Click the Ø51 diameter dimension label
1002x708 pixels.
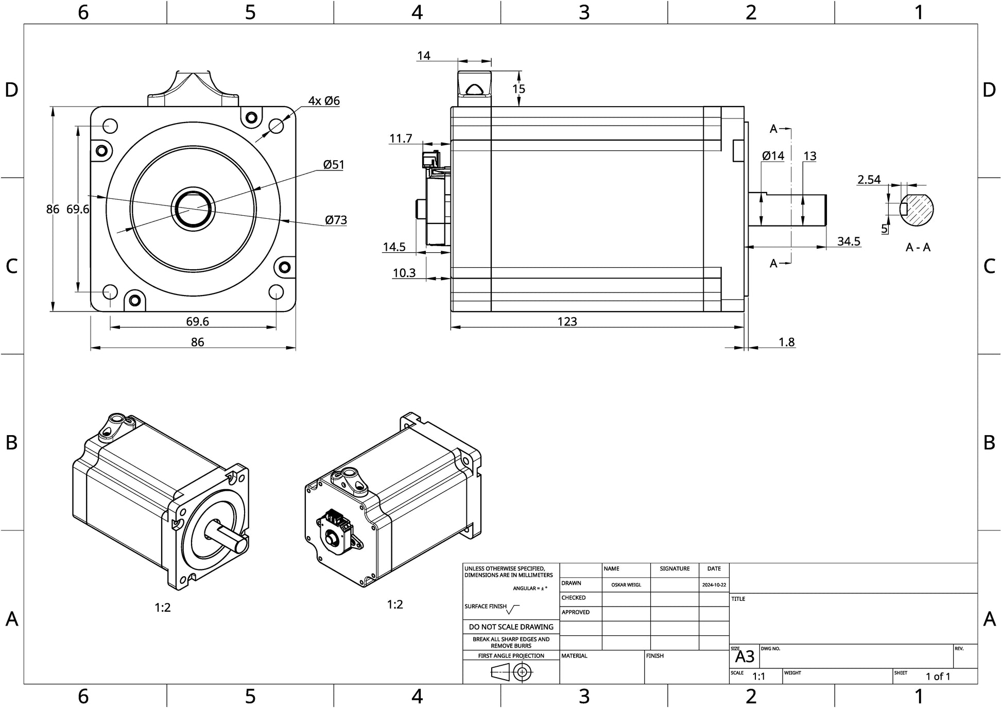click(x=333, y=165)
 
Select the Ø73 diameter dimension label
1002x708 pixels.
click(x=336, y=220)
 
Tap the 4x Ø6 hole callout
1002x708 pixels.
click(x=324, y=101)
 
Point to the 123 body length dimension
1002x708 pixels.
click(x=567, y=322)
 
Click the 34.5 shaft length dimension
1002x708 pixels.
click(x=849, y=241)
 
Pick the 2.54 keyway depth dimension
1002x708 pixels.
click(x=869, y=180)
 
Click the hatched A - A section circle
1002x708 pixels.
click(x=917, y=209)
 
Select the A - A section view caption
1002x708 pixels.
click(x=918, y=248)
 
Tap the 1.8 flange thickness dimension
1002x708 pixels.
click(x=786, y=342)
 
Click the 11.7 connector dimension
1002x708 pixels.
click(x=401, y=139)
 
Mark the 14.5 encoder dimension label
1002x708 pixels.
click(x=394, y=247)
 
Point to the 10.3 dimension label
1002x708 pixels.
click(x=404, y=273)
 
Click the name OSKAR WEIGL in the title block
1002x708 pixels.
click(x=626, y=585)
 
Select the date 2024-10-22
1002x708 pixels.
click(x=714, y=585)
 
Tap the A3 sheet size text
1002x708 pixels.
click(x=745, y=657)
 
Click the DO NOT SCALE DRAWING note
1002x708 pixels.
click(x=511, y=627)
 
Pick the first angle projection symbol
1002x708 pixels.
click(x=512, y=672)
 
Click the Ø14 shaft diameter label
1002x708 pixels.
click(x=773, y=156)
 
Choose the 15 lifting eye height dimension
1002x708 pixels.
click(x=519, y=89)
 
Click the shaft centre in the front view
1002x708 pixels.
click(x=193, y=209)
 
